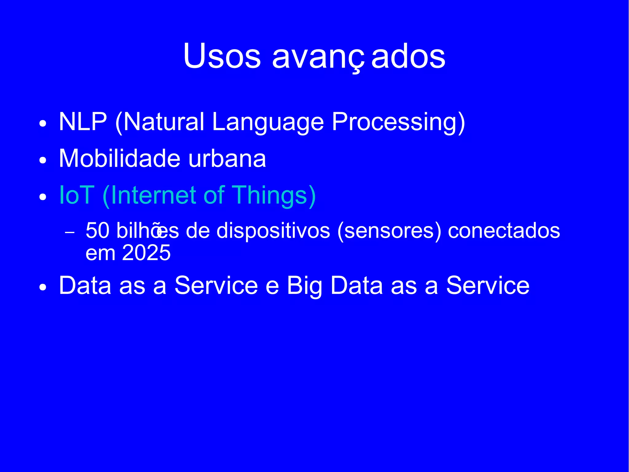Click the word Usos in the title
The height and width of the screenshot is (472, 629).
tap(222, 56)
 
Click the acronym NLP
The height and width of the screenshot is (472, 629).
tap(83, 122)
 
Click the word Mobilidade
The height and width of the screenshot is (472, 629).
tap(119, 158)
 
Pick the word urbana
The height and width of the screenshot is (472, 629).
tap(227, 159)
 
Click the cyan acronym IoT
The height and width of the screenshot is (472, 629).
tap(76, 195)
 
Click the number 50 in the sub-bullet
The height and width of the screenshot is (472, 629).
tap(97, 231)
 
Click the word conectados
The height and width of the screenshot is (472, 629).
tap(504, 231)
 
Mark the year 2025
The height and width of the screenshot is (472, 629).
tap(146, 253)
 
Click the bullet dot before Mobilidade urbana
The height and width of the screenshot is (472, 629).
tap(43, 160)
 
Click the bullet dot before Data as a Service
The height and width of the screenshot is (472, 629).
tap(43, 287)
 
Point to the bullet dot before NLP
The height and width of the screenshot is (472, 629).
tap(43, 124)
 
